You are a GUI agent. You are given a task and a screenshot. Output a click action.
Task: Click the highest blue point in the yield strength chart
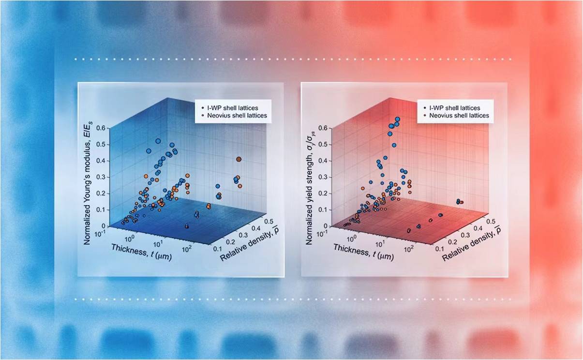click(397, 119)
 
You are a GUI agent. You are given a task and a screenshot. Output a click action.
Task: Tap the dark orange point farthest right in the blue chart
click(239, 159)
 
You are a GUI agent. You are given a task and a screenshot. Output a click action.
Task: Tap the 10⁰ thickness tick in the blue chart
click(129, 239)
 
